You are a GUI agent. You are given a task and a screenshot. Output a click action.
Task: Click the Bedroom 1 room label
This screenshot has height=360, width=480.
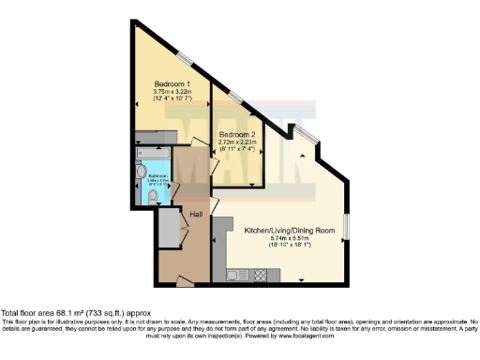172,83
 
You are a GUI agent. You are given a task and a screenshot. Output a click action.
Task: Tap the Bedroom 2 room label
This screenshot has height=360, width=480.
237,134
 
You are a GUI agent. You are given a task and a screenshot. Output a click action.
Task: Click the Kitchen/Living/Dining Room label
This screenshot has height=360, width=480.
288,230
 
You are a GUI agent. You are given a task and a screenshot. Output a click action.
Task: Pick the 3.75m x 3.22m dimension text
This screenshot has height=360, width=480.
172,92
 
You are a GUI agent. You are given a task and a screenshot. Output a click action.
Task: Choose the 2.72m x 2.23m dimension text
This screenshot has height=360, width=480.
237,142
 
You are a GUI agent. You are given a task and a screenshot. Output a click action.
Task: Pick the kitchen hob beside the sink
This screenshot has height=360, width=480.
259,275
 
